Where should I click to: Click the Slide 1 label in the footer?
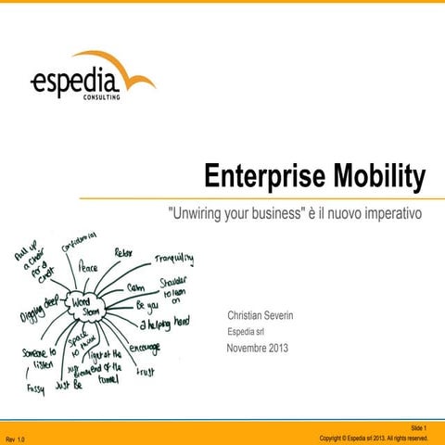[416, 427]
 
